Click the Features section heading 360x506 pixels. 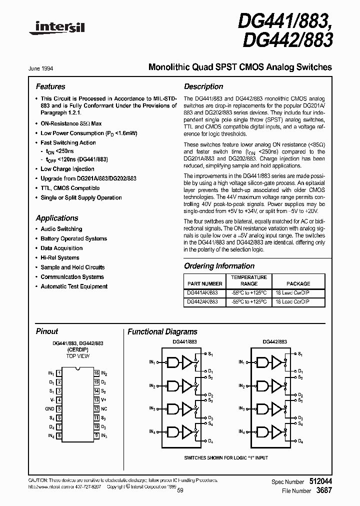(x=50, y=86)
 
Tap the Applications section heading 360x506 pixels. (x=57, y=218)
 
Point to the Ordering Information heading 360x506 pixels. (x=219, y=266)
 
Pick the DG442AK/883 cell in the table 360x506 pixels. (x=202, y=301)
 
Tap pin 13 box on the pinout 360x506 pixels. (x=96, y=400)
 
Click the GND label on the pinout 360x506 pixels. (x=49, y=409)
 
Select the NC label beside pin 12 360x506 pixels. (x=104, y=409)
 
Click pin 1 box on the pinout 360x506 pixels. (x=59, y=373)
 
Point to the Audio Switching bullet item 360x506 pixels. (x=61, y=229)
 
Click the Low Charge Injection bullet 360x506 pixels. (x=67, y=169)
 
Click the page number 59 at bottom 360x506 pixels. (x=179, y=490)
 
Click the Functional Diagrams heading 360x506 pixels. (x=162, y=331)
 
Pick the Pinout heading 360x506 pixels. (x=47, y=331)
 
